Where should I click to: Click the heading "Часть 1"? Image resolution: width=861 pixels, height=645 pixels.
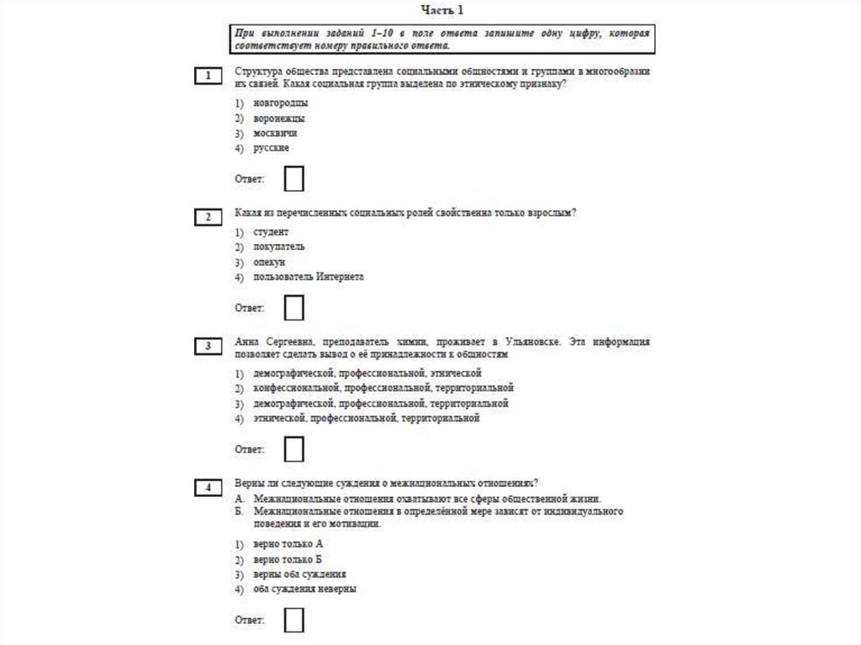coord(441,10)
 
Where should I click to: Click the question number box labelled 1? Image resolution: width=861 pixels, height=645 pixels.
coord(208,77)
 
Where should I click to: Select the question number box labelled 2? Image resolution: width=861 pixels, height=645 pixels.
coord(208,218)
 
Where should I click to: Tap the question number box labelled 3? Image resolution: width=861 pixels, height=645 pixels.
coord(208,346)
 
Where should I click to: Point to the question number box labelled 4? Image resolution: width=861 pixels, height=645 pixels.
coord(208,487)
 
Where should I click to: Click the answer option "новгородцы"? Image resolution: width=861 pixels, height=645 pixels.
coord(281,103)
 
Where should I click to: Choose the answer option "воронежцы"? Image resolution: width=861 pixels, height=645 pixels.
coord(279,118)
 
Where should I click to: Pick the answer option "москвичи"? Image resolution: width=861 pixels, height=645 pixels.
coord(276,133)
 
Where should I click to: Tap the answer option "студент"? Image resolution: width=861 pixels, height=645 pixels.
coord(271,231)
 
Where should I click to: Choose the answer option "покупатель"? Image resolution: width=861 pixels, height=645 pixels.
coord(279,246)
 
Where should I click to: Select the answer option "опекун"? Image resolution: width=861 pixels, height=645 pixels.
coord(270,262)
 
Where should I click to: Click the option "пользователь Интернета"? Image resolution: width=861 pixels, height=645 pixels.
coord(309,277)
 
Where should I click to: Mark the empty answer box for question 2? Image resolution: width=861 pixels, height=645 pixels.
coord(294,308)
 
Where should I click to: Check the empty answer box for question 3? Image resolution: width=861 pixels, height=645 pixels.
coord(294,450)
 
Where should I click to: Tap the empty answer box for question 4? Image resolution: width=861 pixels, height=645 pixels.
coord(294,621)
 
